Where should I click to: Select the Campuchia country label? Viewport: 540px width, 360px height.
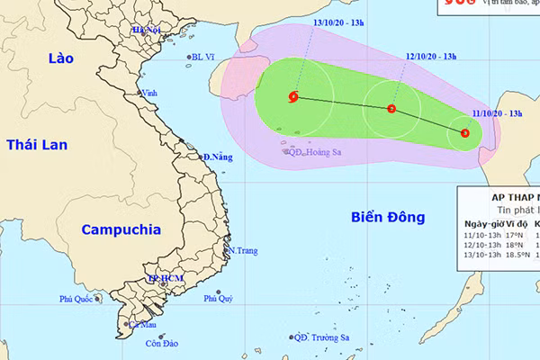pos(116,229)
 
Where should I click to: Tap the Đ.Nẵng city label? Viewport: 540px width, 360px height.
pos(218,157)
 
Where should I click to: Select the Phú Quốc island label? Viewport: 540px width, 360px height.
pos(77,300)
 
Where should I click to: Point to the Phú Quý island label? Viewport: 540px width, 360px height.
pos(218,298)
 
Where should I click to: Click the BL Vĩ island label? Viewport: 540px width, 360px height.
pos(203,58)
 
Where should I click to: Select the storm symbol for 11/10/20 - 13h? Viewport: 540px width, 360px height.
pos(464,133)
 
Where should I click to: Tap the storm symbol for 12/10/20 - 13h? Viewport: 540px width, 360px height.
pos(391,109)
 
